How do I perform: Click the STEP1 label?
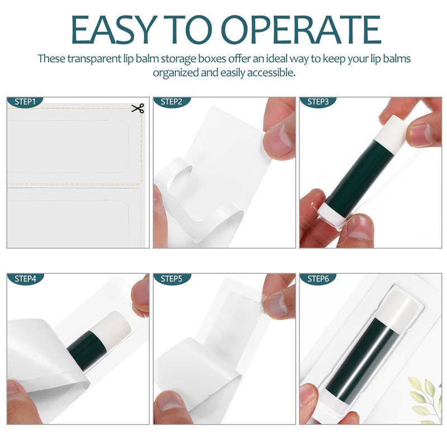click(x=25, y=102)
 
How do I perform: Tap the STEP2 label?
click(x=172, y=102)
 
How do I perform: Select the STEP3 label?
click(x=318, y=102)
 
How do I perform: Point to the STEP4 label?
click(x=25, y=278)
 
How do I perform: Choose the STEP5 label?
click(x=172, y=278)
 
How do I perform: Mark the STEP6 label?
click(x=318, y=278)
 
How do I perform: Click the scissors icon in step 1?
click(x=137, y=108)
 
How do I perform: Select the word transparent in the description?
click(x=94, y=59)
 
